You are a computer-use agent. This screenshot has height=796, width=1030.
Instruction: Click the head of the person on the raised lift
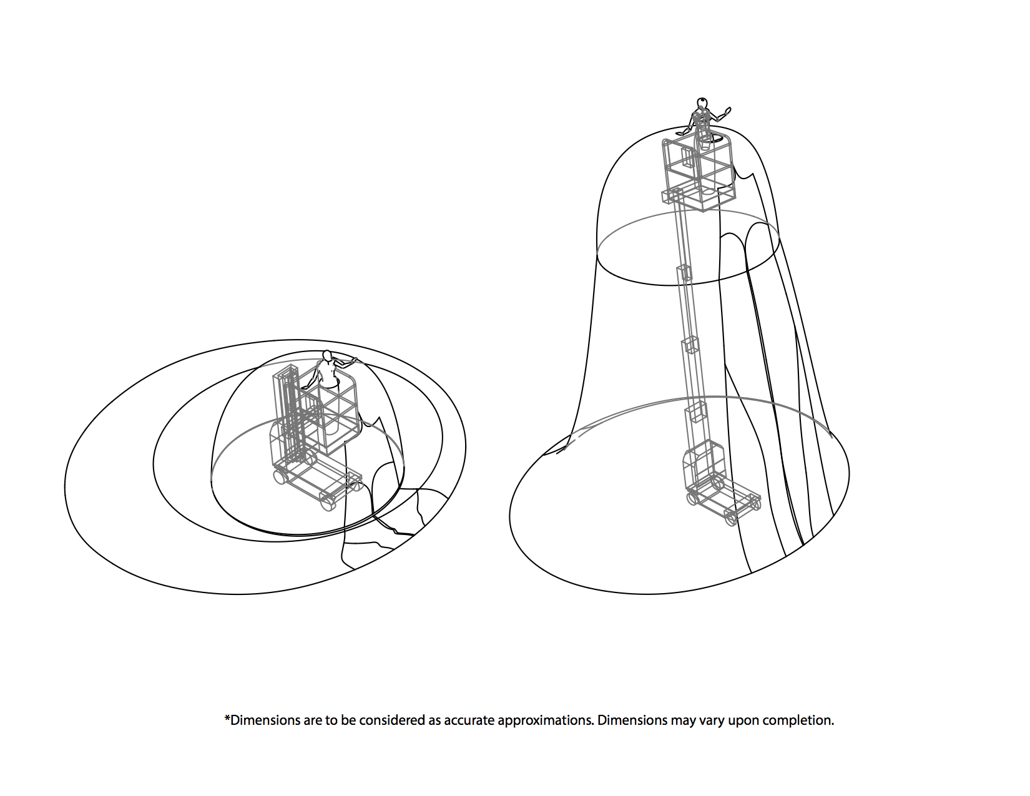702,103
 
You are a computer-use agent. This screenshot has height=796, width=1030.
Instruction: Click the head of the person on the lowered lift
326,356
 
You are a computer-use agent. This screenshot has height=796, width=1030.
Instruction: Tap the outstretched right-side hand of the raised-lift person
726,112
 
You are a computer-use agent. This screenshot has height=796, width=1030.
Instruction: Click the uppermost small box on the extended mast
684,272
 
